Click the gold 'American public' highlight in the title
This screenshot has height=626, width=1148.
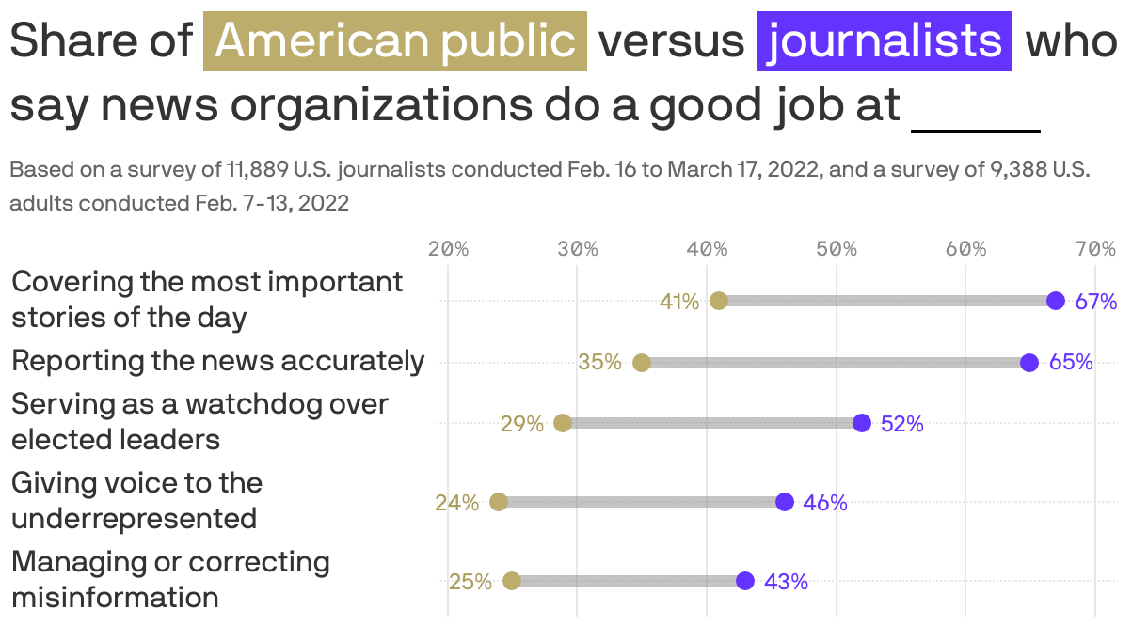pyautogui.click(x=395, y=41)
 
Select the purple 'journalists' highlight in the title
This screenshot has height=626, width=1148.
pyautogui.click(x=884, y=41)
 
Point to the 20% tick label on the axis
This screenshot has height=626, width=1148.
pyautogui.click(x=448, y=249)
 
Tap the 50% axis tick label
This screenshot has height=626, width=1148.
pyautogui.click(x=837, y=249)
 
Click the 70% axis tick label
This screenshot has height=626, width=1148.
pyautogui.click(x=1095, y=249)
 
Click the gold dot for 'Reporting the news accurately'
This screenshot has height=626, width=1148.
pyautogui.click(x=642, y=363)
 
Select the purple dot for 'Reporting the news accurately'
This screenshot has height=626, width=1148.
pyautogui.click(x=1029, y=363)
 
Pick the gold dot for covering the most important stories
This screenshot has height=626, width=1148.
pyautogui.click(x=719, y=301)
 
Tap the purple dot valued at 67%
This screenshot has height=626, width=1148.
pyautogui.click(x=1056, y=301)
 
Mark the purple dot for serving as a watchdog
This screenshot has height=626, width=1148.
pyautogui.click(x=862, y=423)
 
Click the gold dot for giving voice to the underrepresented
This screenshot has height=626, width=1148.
pyautogui.click(x=499, y=502)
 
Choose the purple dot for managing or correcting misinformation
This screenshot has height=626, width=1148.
pyautogui.click(x=745, y=581)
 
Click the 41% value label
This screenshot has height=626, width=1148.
pyautogui.click(x=679, y=302)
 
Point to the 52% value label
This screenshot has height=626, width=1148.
pyautogui.click(x=902, y=424)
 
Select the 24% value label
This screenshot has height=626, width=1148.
pyautogui.click(x=456, y=503)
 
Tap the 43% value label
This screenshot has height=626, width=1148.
pyautogui.click(x=786, y=582)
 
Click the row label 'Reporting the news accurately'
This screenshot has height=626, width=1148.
pyautogui.click(x=217, y=361)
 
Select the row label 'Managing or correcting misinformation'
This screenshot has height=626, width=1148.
pyautogui.click(x=170, y=579)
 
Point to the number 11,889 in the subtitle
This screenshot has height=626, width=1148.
pyautogui.click(x=257, y=170)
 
